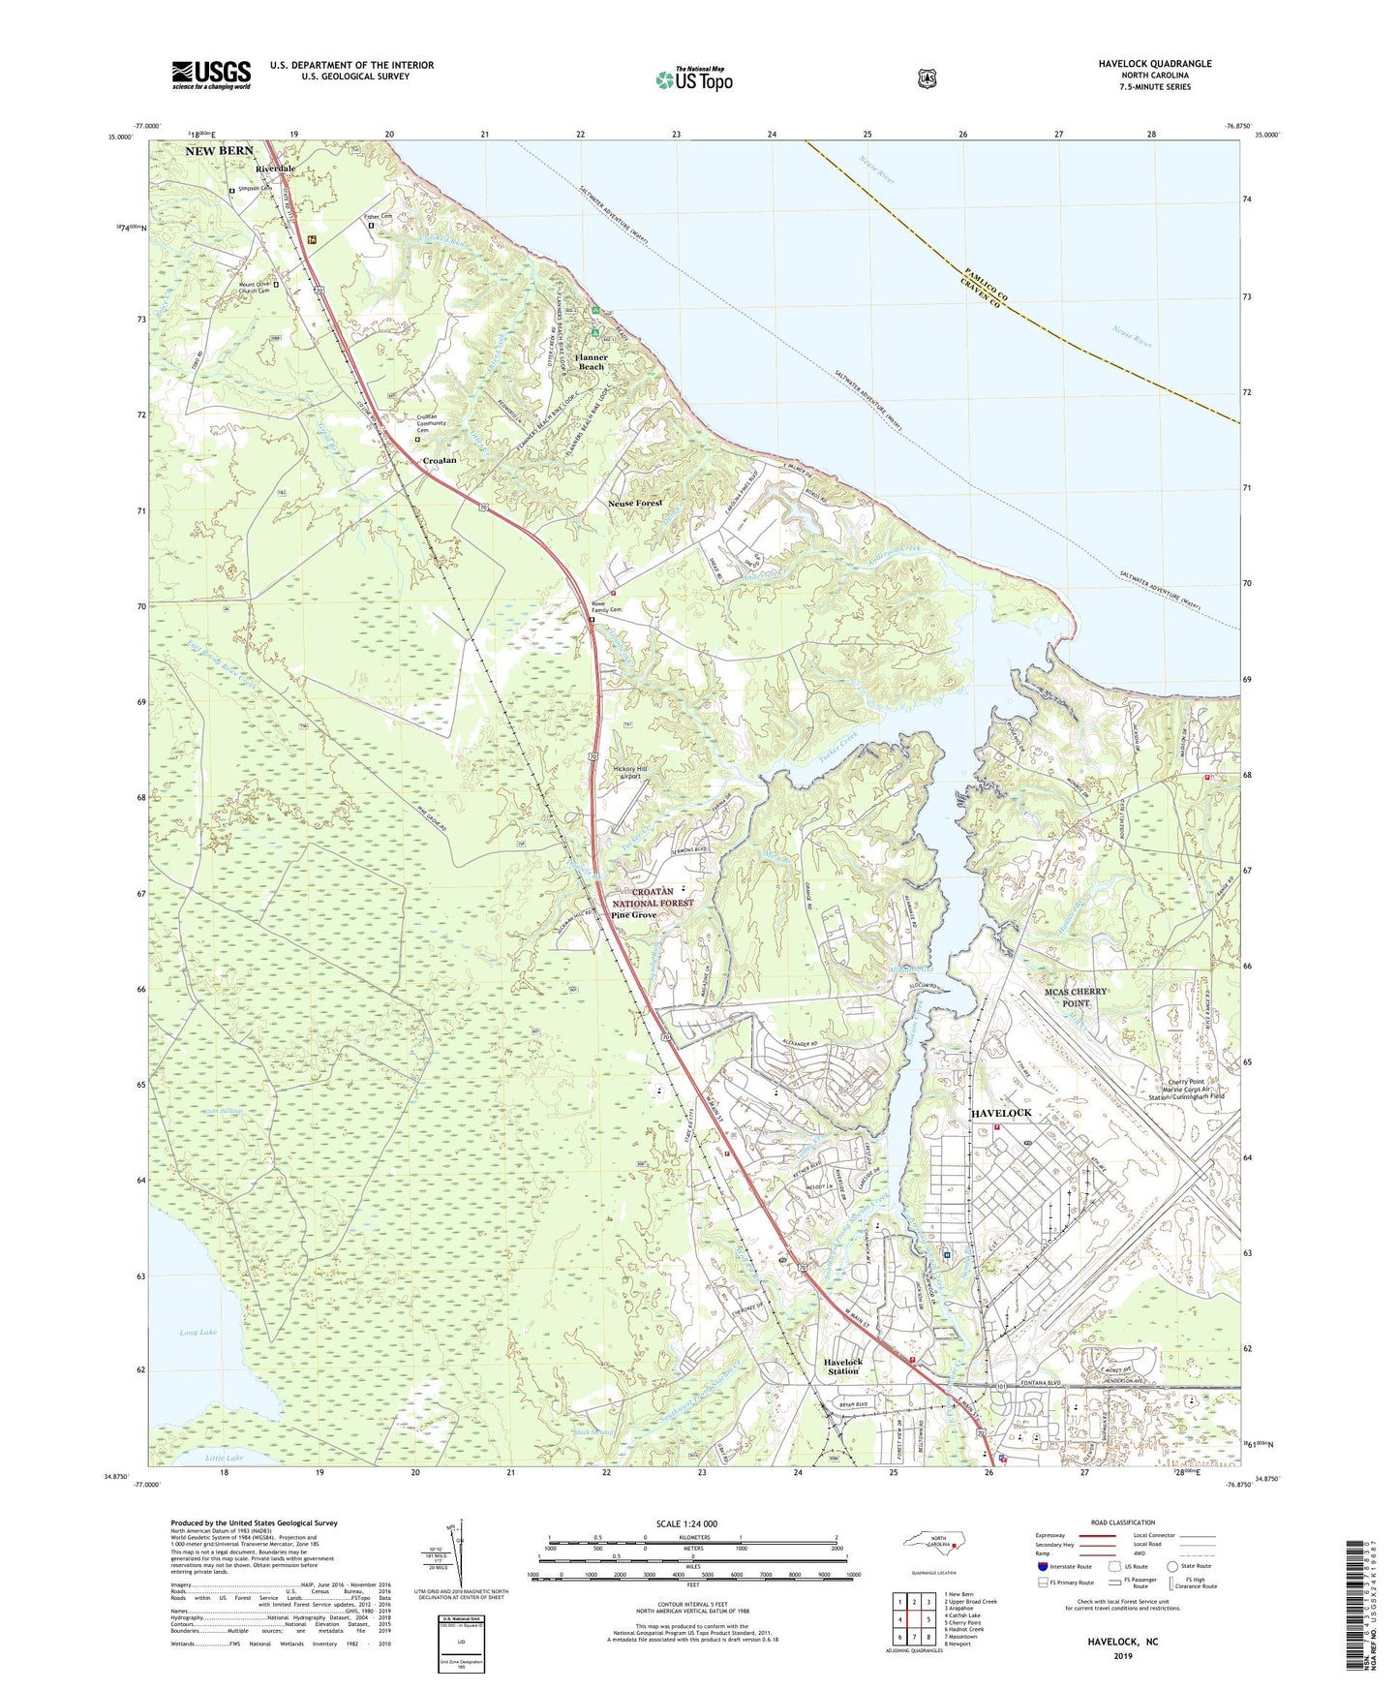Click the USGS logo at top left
(x=211, y=75)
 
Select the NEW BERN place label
(x=220, y=151)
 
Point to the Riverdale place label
(x=275, y=169)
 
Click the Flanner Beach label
(x=591, y=362)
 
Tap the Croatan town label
(x=440, y=461)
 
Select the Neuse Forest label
(x=635, y=504)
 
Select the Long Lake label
(x=198, y=1333)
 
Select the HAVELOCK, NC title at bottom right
(x=1125, y=1644)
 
